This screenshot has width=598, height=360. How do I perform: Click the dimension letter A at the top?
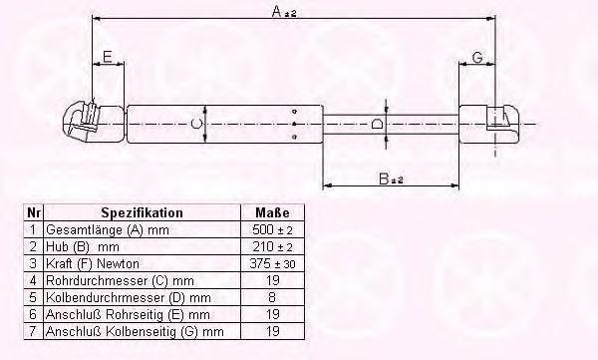coord(277,11)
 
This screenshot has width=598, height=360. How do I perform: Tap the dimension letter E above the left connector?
coord(108,57)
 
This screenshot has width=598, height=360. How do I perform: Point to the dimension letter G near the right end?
coord(477,58)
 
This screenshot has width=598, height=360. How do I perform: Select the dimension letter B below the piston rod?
coord(384,179)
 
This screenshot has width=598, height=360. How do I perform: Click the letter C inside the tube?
coord(196,124)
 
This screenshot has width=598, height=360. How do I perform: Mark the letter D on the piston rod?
coord(377,124)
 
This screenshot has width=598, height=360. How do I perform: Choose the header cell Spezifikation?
coord(142,212)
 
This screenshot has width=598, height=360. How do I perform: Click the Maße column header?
coord(272,212)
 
